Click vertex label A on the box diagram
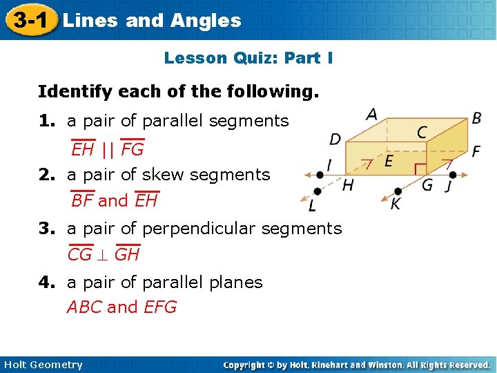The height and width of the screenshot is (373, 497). click(372, 113)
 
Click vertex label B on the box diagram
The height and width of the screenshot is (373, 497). click(476, 118)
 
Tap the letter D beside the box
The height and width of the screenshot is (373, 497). click(335, 140)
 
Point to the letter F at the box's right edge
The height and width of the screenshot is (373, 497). click(476, 151)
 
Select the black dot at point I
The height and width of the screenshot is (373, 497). click(319, 173)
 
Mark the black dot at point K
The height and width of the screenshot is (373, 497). click(398, 191)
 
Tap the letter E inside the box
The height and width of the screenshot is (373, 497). click(389, 162)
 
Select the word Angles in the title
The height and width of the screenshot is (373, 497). click(206, 21)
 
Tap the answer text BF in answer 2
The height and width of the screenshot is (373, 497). click(82, 201)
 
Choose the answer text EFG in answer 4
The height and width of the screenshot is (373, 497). click(160, 307)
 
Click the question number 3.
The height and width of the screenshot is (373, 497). click(46, 229)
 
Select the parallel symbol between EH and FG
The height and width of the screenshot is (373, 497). click(108, 149)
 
